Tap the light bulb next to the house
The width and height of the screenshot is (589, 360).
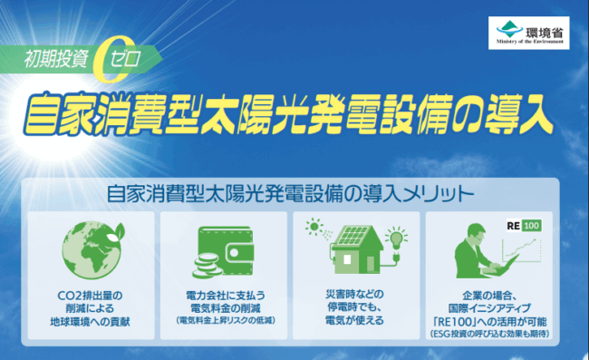(x=395, y=240)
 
